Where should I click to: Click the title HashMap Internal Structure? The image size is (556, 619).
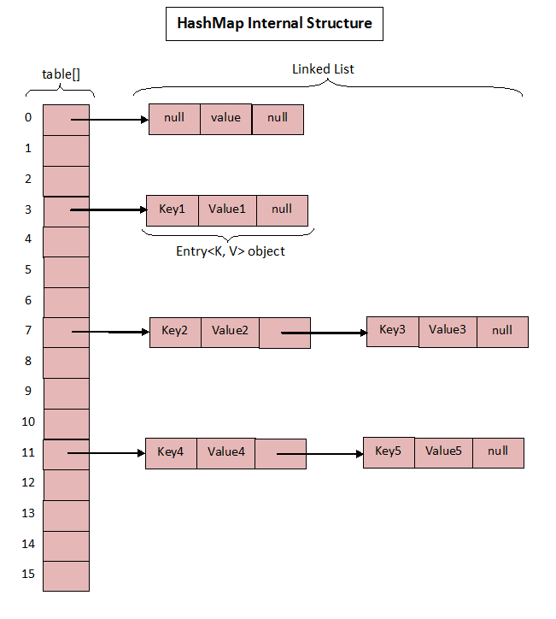[x=274, y=23]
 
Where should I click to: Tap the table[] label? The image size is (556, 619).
[x=61, y=74]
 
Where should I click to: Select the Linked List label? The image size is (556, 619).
[x=323, y=68]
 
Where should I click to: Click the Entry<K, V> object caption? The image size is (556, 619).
[x=230, y=251]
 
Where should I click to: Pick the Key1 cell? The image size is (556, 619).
[x=172, y=209]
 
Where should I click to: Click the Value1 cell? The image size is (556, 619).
[x=226, y=209]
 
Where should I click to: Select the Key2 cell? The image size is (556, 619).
[x=174, y=331]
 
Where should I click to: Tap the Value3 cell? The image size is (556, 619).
[x=447, y=329]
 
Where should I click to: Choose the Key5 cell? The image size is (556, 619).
[x=389, y=451]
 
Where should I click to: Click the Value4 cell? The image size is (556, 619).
[x=225, y=452]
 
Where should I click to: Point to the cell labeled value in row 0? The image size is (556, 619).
[x=225, y=118]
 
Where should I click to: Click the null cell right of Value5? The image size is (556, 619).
[x=498, y=451]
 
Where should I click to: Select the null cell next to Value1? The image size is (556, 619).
[x=281, y=209]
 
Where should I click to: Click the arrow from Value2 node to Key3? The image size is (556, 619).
[x=325, y=333]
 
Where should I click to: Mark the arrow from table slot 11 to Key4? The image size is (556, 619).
[x=108, y=454]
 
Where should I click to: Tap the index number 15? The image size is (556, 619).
[x=28, y=574]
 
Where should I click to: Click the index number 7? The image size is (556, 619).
[x=28, y=330]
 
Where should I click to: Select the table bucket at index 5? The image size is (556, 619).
[x=66, y=271]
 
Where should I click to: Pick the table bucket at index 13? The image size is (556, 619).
[x=66, y=515]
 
